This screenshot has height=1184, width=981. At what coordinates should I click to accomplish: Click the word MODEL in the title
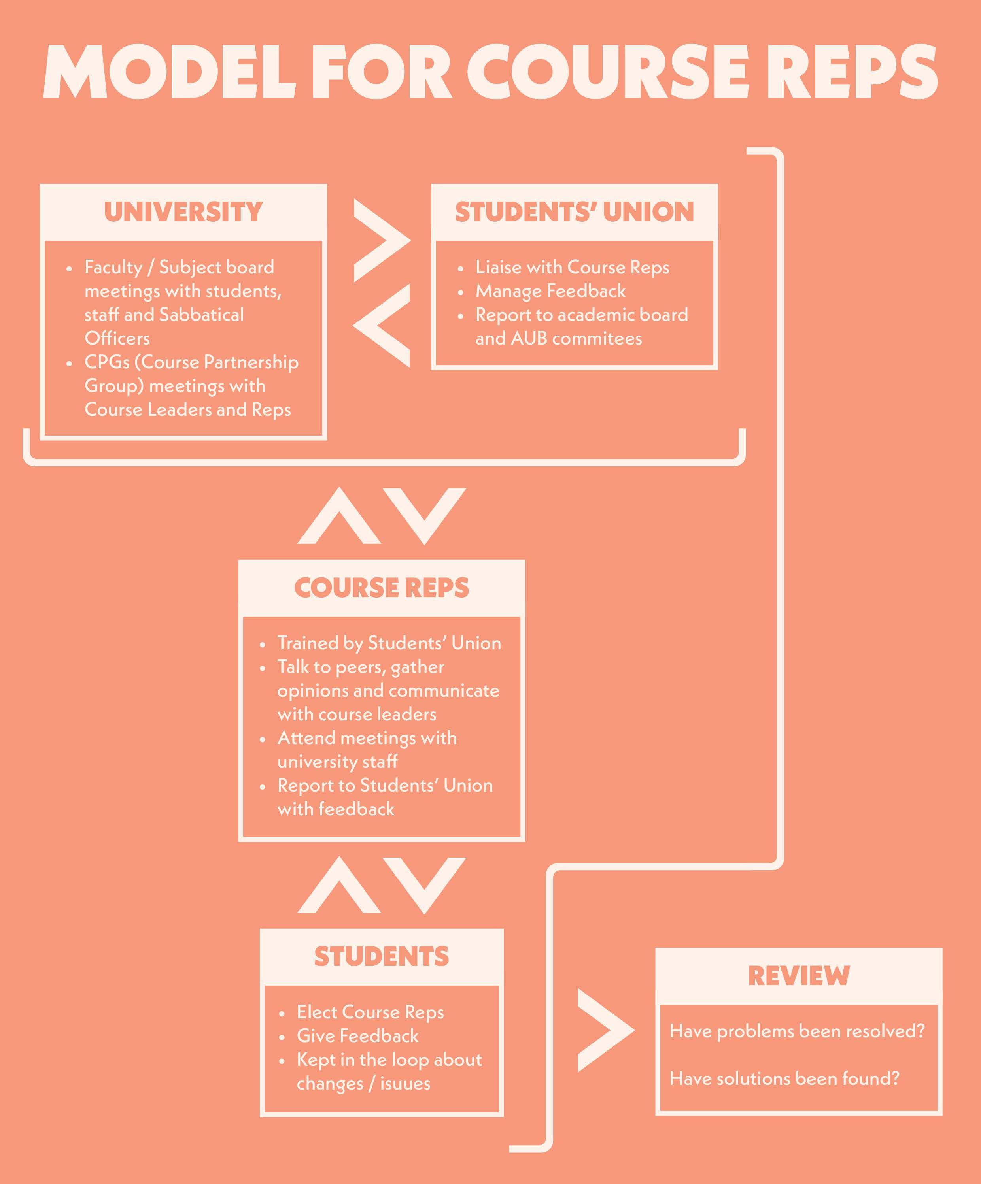(169, 73)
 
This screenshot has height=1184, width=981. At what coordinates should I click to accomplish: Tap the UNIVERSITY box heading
(183, 212)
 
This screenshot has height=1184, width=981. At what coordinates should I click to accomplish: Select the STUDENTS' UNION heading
(574, 212)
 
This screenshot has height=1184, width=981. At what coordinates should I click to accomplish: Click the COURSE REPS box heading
(381, 588)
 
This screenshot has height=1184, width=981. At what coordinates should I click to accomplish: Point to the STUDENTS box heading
(381, 957)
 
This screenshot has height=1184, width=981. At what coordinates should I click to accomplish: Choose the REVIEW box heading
(798, 976)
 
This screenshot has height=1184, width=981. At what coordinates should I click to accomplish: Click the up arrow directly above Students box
(339, 886)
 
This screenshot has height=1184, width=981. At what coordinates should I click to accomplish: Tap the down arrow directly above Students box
(424, 884)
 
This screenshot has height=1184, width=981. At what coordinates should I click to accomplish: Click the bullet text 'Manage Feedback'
(550, 291)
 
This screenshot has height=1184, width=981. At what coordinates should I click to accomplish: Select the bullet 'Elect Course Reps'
(370, 1012)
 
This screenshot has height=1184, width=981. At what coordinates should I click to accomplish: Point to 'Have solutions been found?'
(784, 1078)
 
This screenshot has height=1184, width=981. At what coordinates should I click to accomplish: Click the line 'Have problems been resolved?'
(796, 1031)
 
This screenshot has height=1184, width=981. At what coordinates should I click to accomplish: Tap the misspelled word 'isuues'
(405, 1083)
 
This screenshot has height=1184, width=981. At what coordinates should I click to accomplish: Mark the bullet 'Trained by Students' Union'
(389, 643)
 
